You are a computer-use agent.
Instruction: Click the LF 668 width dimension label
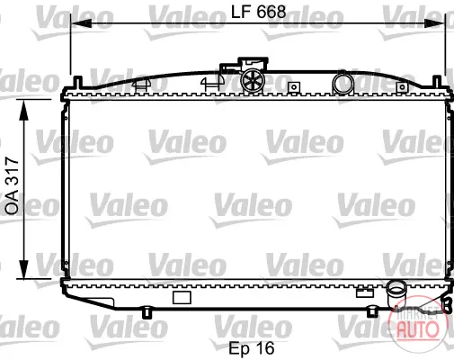click(258, 12)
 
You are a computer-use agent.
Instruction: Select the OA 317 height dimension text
click(13, 185)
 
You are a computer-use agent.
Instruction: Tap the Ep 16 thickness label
click(252, 348)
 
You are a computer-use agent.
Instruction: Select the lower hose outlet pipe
click(396, 294)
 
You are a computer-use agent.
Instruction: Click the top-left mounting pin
click(78, 82)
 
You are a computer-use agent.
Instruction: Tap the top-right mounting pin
click(437, 82)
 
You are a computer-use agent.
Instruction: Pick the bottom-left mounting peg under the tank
click(147, 312)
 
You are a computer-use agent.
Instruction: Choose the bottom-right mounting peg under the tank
click(372, 311)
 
